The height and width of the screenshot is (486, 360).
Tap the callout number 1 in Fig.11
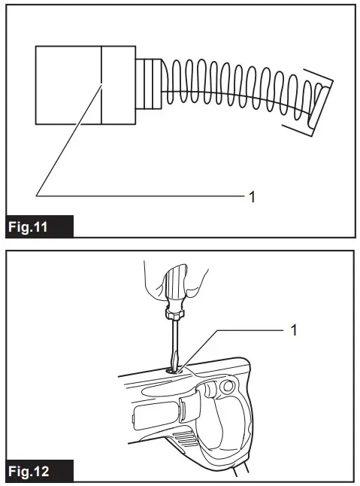[x=253, y=196]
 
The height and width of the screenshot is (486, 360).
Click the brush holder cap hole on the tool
[x=175, y=369]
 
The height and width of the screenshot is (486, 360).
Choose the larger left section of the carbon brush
[x=68, y=84]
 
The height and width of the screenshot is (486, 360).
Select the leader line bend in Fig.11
[x=37, y=195]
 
